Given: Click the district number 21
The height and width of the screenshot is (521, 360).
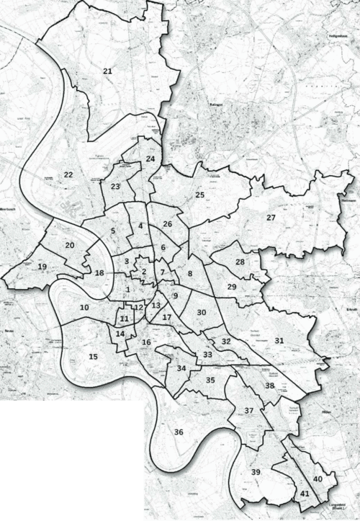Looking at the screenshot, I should tap(107, 71).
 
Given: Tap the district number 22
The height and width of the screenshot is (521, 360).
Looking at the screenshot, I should tap(68, 174).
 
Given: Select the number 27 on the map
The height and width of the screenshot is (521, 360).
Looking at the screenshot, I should tap(271, 217).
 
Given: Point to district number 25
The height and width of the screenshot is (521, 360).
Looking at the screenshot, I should tap(200, 195).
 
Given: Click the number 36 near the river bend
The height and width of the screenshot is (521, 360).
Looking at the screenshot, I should tap(179, 432).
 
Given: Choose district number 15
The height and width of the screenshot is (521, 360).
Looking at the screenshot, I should tap(93, 357).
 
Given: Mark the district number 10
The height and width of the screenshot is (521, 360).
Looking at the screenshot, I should tap(84, 308).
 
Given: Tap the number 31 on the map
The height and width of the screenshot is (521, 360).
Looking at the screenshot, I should tap(279, 340).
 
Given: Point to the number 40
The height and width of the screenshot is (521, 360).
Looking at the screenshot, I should tap(317, 479).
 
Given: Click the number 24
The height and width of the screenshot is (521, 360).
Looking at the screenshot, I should tap(150, 159).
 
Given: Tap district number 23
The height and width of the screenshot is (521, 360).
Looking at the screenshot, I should tap(115, 187).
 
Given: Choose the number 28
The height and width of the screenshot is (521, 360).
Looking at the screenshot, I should tap(240, 262).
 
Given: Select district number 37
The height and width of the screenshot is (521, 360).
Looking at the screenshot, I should tap(248, 411).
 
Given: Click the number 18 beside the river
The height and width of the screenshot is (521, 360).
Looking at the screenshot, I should tap(99, 272).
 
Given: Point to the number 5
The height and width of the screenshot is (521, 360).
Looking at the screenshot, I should tap(113, 231).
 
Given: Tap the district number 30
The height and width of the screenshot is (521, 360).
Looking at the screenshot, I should tap(202, 312).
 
